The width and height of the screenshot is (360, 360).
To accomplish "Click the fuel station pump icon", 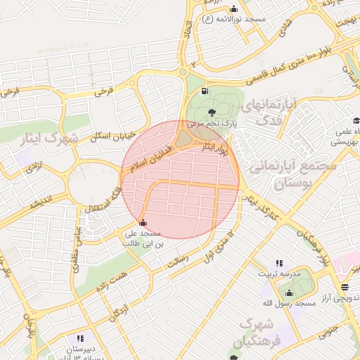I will pyautogui.click(x=205, y=91).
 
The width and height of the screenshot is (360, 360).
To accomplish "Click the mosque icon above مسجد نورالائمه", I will pyautogui.click(x=233, y=8).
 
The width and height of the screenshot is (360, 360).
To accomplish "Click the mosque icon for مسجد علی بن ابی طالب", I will pyautogui.click(x=144, y=223).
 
